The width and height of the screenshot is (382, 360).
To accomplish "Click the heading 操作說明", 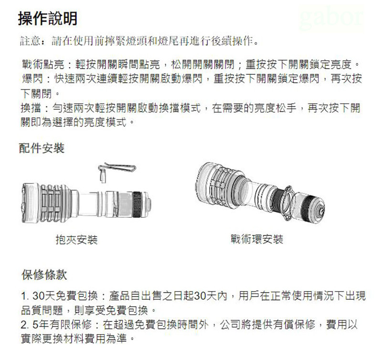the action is click(x=48, y=19).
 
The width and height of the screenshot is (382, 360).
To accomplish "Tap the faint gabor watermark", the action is click(x=331, y=18).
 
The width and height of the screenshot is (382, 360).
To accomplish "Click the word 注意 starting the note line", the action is click(x=30, y=41).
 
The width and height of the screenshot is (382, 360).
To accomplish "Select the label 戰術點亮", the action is click(x=42, y=64).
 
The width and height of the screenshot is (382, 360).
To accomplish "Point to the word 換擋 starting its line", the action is click(x=31, y=108).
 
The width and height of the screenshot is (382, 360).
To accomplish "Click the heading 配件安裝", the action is click(x=42, y=148).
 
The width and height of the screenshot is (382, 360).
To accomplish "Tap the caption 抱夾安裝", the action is click(x=76, y=240).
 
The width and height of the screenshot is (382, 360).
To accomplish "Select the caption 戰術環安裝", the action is click(x=257, y=239).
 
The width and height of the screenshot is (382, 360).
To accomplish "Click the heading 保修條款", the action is click(x=44, y=275).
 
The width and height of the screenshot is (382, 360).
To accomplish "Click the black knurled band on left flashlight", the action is click(x=137, y=205).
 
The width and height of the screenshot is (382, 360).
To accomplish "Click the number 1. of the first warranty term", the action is click(x=25, y=296).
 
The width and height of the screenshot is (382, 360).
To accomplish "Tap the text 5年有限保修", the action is click(x=62, y=325).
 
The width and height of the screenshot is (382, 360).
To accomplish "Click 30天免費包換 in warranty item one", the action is click(x=65, y=296).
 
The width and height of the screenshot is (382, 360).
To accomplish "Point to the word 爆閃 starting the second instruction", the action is click(x=32, y=79).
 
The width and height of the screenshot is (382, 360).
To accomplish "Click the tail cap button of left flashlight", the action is click(x=149, y=205).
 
